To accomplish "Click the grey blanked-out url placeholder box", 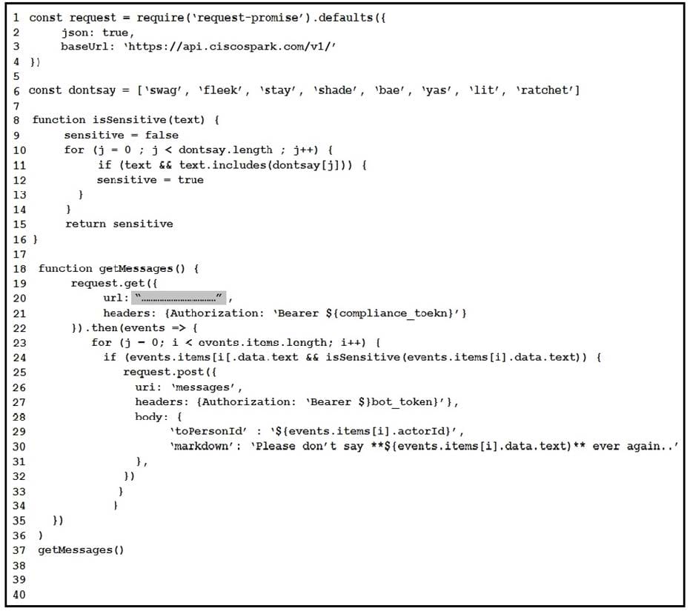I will tap(179, 298).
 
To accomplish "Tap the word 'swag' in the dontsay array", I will tap(165, 90).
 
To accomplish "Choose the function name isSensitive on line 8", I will tap(118, 120).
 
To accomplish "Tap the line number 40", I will tap(19, 594).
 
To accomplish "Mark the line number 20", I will tap(19, 298).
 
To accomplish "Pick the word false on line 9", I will tap(162, 135).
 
